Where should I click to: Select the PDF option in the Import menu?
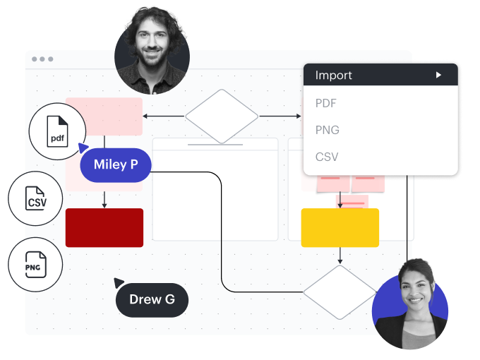[x=326, y=103]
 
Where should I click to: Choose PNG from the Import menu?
[x=327, y=130]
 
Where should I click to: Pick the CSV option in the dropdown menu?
[x=327, y=157]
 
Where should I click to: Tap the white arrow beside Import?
[x=438, y=75]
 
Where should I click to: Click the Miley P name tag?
[x=116, y=165]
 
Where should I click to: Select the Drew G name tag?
[x=152, y=299]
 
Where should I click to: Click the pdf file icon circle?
[x=57, y=133]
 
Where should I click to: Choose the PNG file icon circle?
[x=36, y=266]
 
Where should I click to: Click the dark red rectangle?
[x=104, y=227]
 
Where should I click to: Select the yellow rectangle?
[x=340, y=227]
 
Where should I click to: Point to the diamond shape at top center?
[x=222, y=116]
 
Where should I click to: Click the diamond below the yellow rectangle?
[x=340, y=291]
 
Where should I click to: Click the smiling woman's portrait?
[x=410, y=303]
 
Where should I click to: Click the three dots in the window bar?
[x=42, y=59]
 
